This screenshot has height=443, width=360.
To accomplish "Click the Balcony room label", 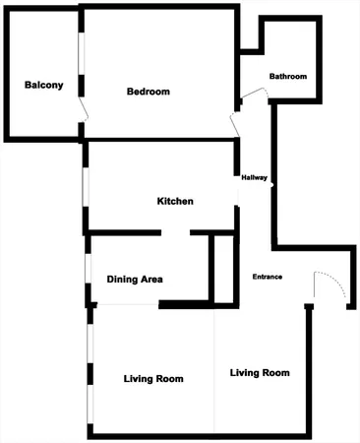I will [44, 85].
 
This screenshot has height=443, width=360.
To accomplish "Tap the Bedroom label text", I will [149, 92].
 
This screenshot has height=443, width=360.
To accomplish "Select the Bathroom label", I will [288, 77].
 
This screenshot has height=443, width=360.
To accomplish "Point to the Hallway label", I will [255, 178].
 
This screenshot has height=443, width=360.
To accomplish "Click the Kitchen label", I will [175, 202].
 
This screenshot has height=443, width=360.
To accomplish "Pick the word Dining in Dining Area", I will [122, 280].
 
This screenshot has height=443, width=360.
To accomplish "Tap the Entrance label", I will [268, 277].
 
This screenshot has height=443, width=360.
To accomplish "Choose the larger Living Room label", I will [260, 373].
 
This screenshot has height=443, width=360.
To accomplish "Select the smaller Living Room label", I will [154, 379].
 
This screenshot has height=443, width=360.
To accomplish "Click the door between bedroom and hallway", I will [235, 125].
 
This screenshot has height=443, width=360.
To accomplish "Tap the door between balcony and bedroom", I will [83, 108].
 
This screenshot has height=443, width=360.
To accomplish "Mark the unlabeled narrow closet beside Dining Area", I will [224, 268].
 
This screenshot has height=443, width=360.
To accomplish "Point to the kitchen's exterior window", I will [86, 187].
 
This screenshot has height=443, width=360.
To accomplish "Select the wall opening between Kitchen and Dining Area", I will [175, 233].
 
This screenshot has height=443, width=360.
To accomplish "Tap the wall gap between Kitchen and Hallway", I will [238, 216].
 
